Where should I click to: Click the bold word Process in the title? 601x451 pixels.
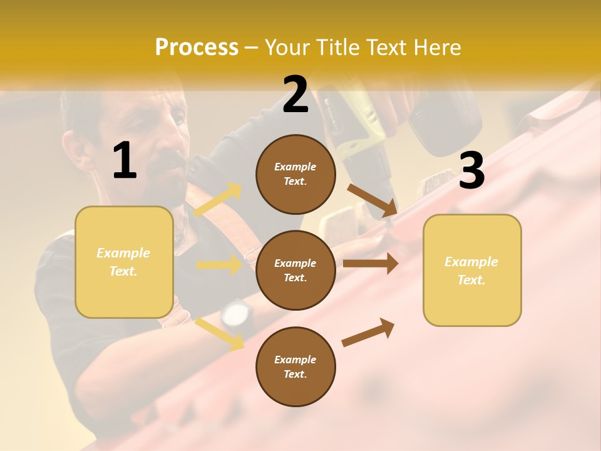tap(197, 47)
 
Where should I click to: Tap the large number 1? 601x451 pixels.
tap(125, 162)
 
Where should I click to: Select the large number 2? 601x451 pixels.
tap(295, 95)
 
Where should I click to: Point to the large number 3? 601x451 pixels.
tap(471, 171)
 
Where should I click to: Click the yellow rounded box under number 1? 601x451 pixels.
tap(124, 262)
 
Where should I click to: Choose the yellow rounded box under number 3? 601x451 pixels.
tap(472, 271)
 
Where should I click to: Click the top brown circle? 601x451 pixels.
tap(295, 174)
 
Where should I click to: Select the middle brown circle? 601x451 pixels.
tap(295, 271)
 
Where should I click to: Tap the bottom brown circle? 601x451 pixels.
tap(295, 367)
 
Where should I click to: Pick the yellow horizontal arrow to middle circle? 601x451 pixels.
tap(219, 265)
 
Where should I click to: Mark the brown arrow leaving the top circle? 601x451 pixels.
tap(372, 200)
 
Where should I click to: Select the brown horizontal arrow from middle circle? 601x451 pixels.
tap(370, 264)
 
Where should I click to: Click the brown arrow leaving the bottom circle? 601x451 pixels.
tap(368, 332)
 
